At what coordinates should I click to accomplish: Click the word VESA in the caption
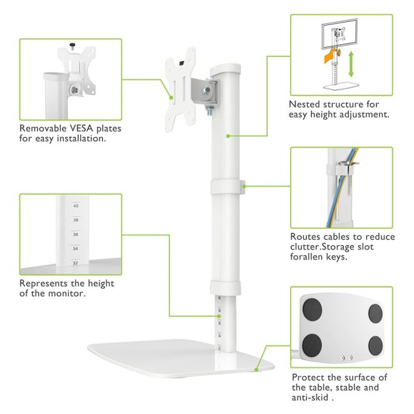click(x=81, y=128)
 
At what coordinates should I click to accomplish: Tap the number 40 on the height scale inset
click(x=76, y=206)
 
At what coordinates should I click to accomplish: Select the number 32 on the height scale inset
click(x=76, y=263)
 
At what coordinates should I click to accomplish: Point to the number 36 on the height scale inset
click(x=76, y=235)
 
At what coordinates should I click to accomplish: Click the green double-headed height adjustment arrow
click(x=351, y=64)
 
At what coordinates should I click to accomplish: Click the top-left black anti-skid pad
click(x=312, y=310)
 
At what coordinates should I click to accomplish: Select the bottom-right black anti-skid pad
click(x=375, y=345)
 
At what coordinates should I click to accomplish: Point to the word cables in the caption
click(x=338, y=237)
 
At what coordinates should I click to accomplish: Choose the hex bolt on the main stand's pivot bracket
click(x=206, y=90)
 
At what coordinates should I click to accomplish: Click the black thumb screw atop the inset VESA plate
click(x=72, y=46)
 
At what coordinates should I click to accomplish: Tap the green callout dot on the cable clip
click(x=244, y=186)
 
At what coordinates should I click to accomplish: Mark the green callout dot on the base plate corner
click(x=256, y=370)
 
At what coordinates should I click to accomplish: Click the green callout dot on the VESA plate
click(x=171, y=98)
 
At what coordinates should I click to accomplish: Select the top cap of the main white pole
click(x=226, y=69)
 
